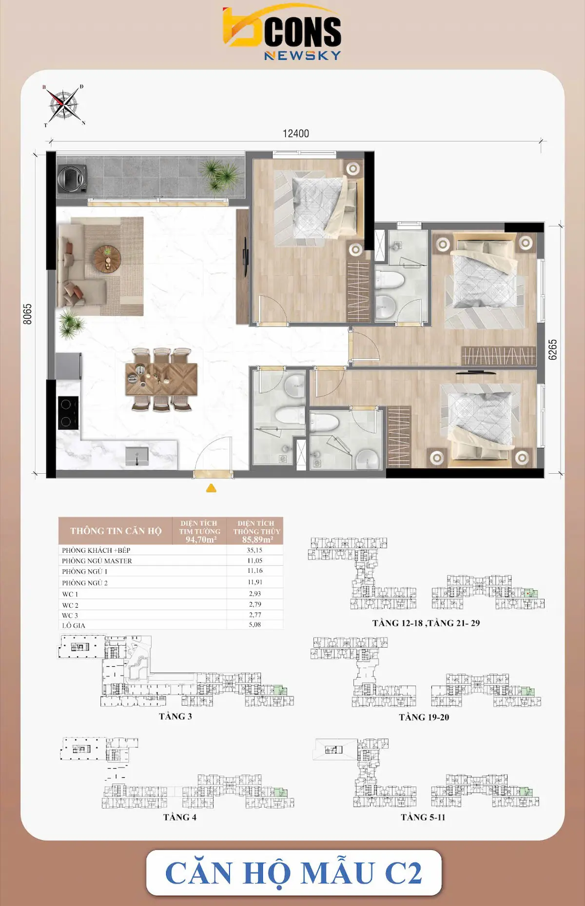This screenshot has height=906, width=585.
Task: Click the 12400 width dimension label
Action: (295, 134)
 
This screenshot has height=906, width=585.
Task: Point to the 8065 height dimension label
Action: (28, 314)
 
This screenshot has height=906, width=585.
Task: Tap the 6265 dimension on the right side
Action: (552, 349)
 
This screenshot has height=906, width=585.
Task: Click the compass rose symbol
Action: (64, 105)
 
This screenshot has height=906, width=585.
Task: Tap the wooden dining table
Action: (161, 379)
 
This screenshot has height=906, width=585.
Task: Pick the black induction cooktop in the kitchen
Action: (68, 412)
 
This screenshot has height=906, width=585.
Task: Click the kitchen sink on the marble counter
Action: (137, 456)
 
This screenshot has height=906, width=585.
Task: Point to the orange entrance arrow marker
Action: (211, 488)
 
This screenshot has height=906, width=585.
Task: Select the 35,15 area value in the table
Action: (254, 550)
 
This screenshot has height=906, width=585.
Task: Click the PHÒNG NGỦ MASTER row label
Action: (97, 561)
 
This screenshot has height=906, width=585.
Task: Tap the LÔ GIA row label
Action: (74, 625)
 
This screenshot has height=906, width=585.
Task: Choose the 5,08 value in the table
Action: (254, 624)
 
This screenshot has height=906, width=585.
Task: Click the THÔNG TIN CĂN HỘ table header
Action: (116, 531)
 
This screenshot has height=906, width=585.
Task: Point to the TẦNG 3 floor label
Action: (175, 716)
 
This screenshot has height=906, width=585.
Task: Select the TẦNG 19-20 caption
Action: (424, 717)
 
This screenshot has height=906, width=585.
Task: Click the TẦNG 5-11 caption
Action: (423, 817)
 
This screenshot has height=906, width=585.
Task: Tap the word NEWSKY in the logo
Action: (302, 56)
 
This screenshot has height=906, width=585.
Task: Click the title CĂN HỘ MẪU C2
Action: (293, 873)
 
